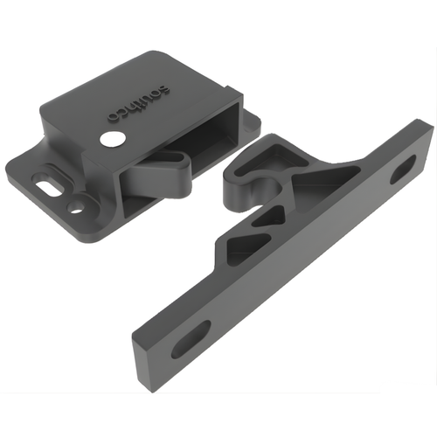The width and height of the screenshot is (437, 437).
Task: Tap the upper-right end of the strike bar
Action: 428,131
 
